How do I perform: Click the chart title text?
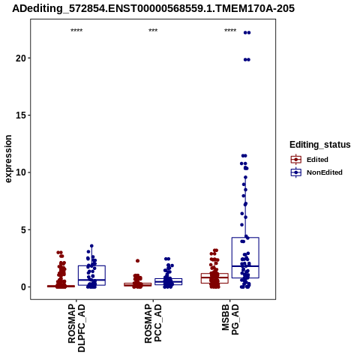point(153,8)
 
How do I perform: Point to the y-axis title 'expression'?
point(8,159)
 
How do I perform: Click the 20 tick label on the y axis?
point(21,58)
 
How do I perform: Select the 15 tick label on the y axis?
point(21,115)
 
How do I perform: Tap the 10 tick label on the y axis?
point(21,172)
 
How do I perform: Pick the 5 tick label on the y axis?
point(23,229)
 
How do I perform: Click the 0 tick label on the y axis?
point(23,287)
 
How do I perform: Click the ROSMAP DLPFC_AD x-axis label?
point(76,328)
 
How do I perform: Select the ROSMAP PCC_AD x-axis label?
point(153,323)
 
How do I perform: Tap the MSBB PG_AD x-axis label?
point(230,319)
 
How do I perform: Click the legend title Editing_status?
point(320,145)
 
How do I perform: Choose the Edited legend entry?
point(309,160)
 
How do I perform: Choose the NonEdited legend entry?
point(316,172)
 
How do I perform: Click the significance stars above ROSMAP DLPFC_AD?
point(76,31)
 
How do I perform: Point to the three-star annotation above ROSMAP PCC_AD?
point(153,31)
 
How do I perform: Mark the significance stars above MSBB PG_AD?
point(230,31)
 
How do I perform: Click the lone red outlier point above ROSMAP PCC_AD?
point(138,261)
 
